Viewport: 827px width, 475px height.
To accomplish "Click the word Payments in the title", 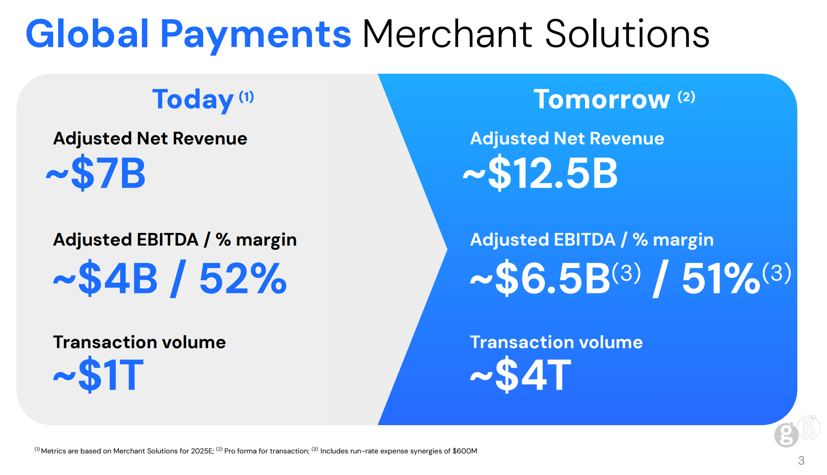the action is tap(255, 35).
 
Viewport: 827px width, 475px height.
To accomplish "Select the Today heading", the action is tap(193, 100).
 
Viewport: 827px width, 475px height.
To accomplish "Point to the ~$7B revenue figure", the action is tap(95, 173).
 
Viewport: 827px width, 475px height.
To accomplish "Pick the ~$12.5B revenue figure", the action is tap(540, 173).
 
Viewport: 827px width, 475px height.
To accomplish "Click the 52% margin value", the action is tap(243, 278).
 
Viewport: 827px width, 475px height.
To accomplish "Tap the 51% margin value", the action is tap(721, 278).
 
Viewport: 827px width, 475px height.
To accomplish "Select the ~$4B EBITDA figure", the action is tap(105, 278).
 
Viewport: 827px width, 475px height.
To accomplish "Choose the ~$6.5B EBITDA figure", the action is tap(540, 278).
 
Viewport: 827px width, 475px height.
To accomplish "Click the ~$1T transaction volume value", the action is tap(98, 374).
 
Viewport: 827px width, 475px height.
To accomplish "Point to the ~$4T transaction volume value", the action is tap(520, 374).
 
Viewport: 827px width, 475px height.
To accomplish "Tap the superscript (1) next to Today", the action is tap(246, 97).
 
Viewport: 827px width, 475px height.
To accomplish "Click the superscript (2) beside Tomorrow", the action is tap(686, 97).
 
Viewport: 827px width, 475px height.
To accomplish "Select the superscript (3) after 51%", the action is tap(777, 273).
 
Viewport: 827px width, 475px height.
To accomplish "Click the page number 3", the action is tap(801, 461).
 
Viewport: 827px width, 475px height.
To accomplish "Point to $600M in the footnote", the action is tap(465, 451).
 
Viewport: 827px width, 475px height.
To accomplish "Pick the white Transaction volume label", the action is tap(556, 342).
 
